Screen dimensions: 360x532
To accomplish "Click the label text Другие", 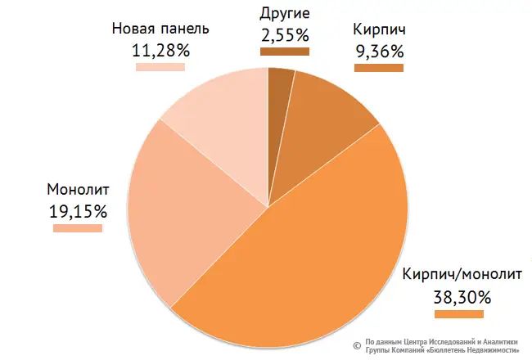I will tap(284, 14).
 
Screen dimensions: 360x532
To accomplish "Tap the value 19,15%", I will tap(78, 210).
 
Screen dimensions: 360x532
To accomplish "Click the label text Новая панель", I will tap(160, 29).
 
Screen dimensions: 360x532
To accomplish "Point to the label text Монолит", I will tap(79, 190).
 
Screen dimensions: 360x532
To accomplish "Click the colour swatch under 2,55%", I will tap(284, 52).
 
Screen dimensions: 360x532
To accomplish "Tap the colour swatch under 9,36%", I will tap(379, 68).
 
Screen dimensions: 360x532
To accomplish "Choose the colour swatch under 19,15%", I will tap(78, 228).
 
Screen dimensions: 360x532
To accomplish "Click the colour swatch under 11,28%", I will tap(160, 67).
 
